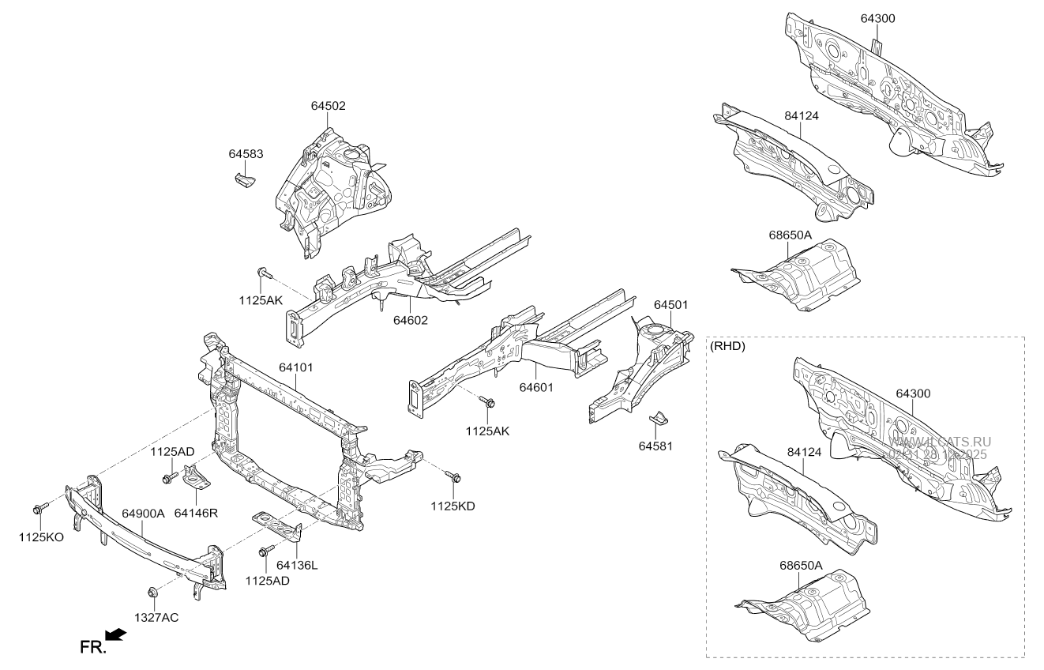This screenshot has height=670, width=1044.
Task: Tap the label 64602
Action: click(x=411, y=320)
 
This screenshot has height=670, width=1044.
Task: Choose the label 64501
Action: click(x=670, y=304)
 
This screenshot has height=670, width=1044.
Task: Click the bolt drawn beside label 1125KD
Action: click(x=453, y=476)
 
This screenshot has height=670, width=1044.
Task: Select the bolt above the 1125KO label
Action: click(x=39, y=508)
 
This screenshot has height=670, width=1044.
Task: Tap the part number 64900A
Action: click(x=143, y=513)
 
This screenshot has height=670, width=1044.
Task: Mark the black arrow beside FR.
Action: click(x=115, y=634)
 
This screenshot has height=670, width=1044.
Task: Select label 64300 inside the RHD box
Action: click(x=913, y=393)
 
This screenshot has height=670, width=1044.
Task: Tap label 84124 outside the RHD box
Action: click(x=802, y=115)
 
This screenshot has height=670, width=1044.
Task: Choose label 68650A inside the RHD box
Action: click(x=801, y=566)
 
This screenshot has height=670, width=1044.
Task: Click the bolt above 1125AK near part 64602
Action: click(x=264, y=273)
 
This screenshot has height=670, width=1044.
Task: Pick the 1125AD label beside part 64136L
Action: click(x=267, y=581)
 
